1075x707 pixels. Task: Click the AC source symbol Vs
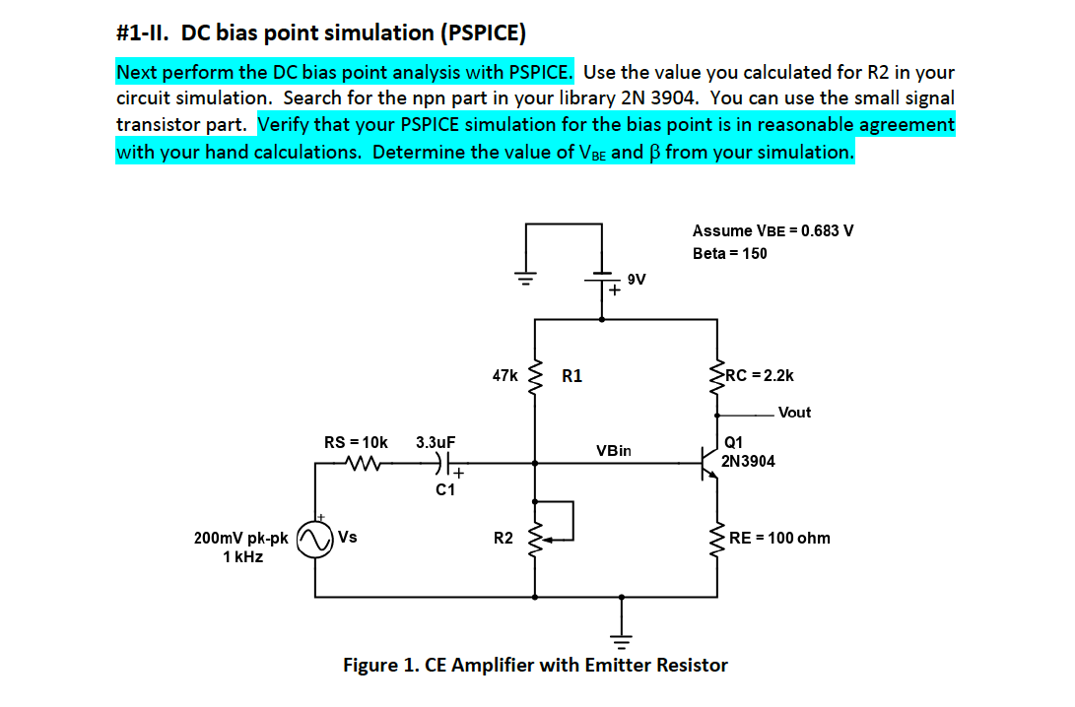pos(315,540)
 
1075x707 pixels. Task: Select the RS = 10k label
pos(356,443)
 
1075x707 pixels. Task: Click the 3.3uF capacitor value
pos(436,443)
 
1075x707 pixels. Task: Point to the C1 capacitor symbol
pos(447,461)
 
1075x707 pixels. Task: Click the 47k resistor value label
pos(504,375)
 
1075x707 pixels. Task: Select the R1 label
pos(571,375)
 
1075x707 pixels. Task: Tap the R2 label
pos(503,538)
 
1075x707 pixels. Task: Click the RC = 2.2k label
pos(759,375)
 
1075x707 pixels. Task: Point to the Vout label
pos(794,413)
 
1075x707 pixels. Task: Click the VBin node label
pos(613,450)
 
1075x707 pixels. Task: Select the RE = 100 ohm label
pos(779,538)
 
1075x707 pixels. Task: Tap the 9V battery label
pos(637,280)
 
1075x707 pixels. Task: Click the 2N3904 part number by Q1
pos(748,460)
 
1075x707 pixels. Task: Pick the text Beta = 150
pos(729,253)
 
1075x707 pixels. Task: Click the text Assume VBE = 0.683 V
pos(773,230)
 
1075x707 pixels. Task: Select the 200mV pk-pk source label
pos(241,539)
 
